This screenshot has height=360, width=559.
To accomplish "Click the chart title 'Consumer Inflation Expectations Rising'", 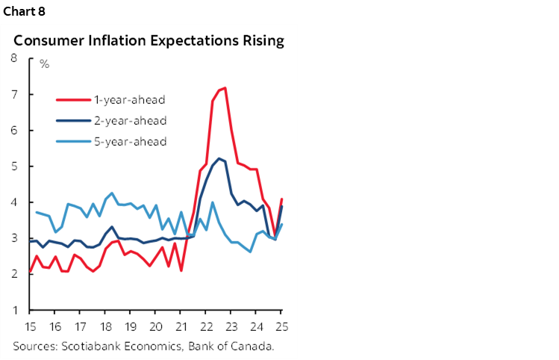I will tap(149, 40).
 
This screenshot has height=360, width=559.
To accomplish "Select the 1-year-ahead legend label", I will tap(129, 100).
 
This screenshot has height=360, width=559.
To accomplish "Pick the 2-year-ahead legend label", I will tap(129, 120).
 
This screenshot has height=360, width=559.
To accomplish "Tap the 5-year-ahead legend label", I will tap(129, 140).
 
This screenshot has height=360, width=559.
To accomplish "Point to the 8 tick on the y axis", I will tap(14, 59).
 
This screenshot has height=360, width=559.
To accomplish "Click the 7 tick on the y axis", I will tap(14, 95).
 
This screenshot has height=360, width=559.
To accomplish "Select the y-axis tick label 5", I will tap(14, 167).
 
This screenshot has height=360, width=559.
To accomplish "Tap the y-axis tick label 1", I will tap(14, 310).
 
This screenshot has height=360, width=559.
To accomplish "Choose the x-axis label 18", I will tap(105, 326).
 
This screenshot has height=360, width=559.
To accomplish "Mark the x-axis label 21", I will tap(181, 326).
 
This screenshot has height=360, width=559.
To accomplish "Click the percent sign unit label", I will tap(44, 64).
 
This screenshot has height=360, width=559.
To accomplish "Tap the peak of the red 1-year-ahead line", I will tap(225, 88).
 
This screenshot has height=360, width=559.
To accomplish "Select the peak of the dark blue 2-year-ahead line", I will tap(219, 158).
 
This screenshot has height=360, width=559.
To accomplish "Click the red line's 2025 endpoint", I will tap(282, 199).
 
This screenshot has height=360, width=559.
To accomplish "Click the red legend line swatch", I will tap(72, 100).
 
